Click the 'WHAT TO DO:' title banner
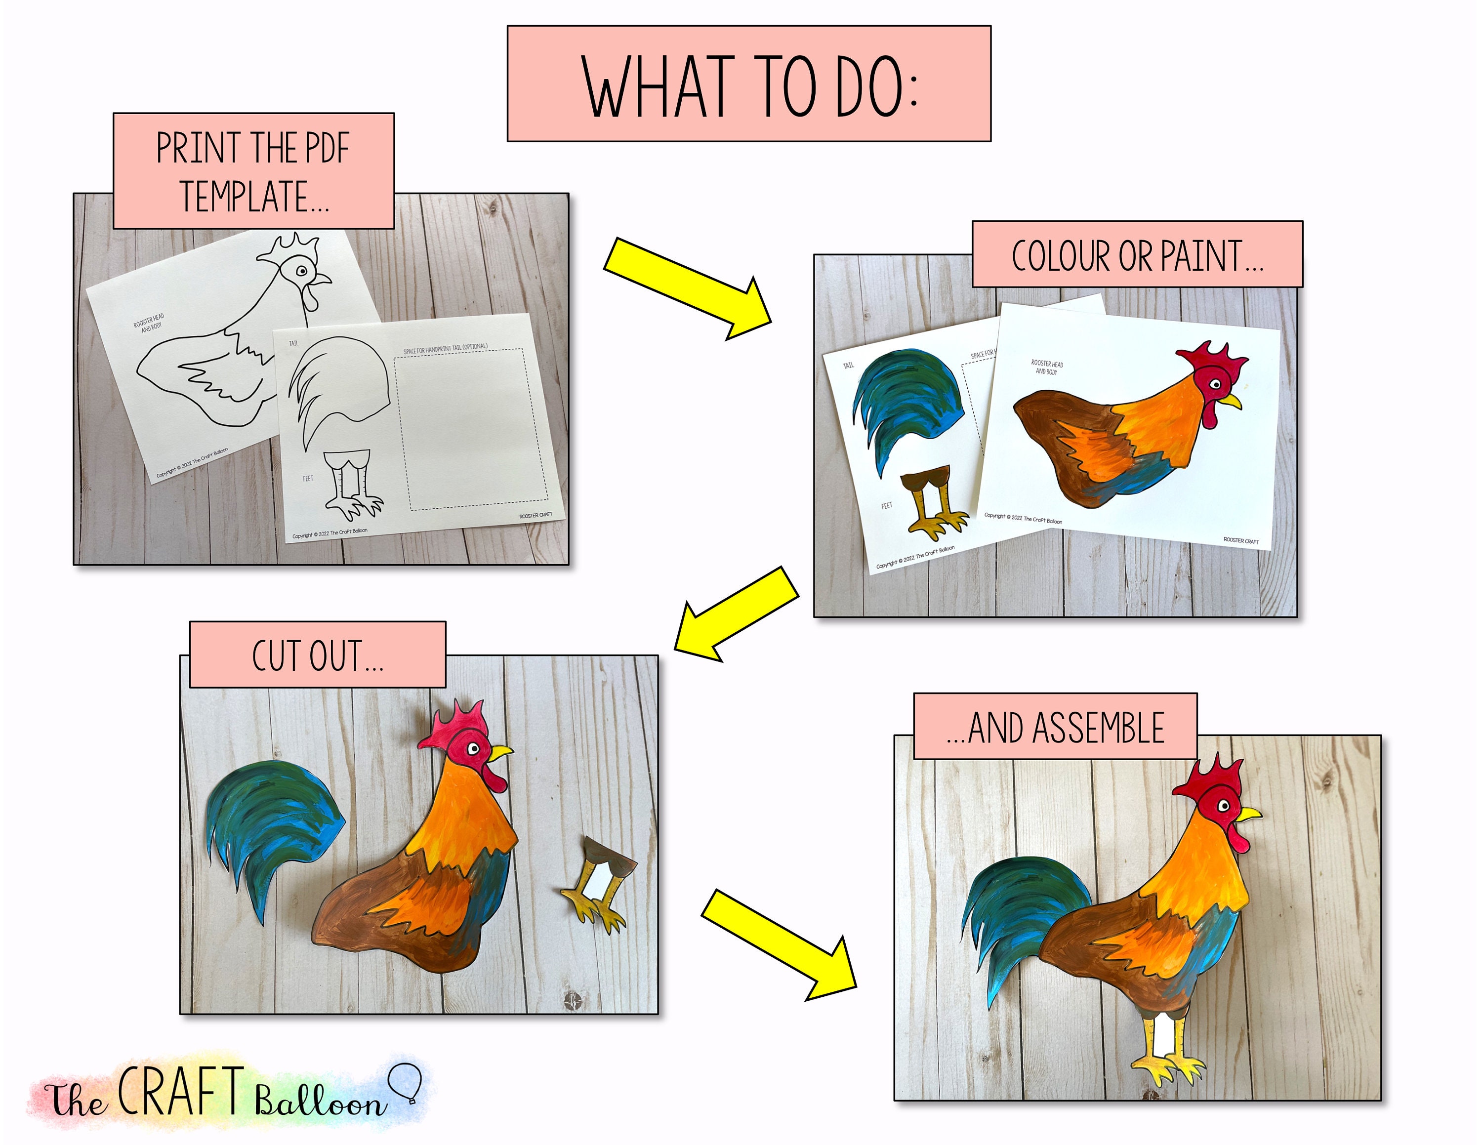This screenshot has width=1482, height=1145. coord(748,84)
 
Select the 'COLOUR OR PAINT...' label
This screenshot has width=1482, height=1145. coord(1137,255)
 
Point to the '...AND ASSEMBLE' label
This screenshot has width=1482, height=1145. coord(1055,727)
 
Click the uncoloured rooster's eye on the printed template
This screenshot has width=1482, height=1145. coord(301,271)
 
